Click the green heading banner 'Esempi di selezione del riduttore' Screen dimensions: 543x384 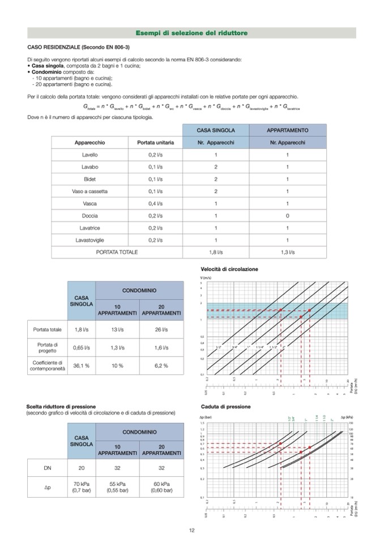[191, 33]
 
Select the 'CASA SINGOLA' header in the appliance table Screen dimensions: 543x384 [216, 130]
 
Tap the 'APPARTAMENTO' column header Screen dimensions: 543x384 [287, 130]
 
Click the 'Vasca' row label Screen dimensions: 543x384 [89, 203]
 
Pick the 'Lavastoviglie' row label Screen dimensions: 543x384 [89, 240]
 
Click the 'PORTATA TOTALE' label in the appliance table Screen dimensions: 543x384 [117, 252]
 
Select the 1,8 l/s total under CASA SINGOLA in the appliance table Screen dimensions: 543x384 [216, 252]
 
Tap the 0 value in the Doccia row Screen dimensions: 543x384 [287, 216]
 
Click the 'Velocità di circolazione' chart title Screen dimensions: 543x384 [229, 269]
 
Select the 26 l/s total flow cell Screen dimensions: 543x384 [161, 329]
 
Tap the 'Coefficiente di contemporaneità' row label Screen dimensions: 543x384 [48, 365]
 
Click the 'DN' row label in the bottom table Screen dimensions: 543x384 [48, 468]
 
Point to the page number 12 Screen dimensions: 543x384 [191, 530]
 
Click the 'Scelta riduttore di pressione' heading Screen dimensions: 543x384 [61, 407]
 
